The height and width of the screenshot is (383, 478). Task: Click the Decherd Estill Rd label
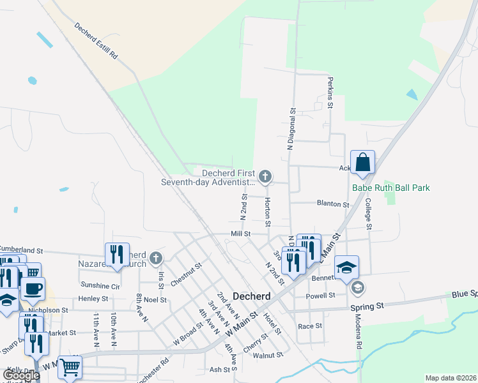(96, 42)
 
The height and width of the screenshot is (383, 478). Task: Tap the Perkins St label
(330, 93)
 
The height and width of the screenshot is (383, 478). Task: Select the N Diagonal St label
(290, 128)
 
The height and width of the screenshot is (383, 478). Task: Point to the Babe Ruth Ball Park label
(390, 188)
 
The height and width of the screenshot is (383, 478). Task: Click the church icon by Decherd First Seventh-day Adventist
(265, 176)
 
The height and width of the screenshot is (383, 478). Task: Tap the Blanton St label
(333, 204)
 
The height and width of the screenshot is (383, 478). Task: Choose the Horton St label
(268, 211)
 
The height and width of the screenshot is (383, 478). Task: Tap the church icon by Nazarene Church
(156, 259)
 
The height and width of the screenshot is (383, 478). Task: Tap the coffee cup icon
(33, 288)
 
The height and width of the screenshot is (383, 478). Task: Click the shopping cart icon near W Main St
(70, 367)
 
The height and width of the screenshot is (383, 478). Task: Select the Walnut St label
(268, 355)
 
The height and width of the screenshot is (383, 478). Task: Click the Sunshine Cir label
(100, 285)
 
